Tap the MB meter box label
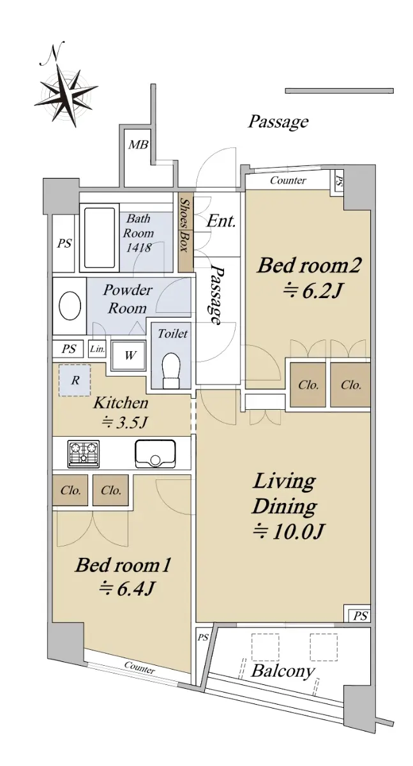[x=138, y=145]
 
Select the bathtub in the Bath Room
[x=100, y=237]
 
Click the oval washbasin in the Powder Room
[x=70, y=306]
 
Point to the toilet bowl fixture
[x=170, y=371]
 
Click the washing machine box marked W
[x=129, y=356]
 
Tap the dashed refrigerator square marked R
[x=75, y=380]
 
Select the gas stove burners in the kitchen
[x=84, y=453]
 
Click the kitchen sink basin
[x=156, y=453]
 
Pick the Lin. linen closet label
[x=98, y=349]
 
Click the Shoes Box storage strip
[x=186, y=232]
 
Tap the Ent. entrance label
[x=221, y=221]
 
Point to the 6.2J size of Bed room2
[x=312, y=291]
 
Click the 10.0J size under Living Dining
[x=288, y=532]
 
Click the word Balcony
[x=282, y=672]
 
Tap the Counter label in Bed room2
[x=288, y=180]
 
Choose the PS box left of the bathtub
[x=64, y=243]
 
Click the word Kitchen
[x=121, y=403]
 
